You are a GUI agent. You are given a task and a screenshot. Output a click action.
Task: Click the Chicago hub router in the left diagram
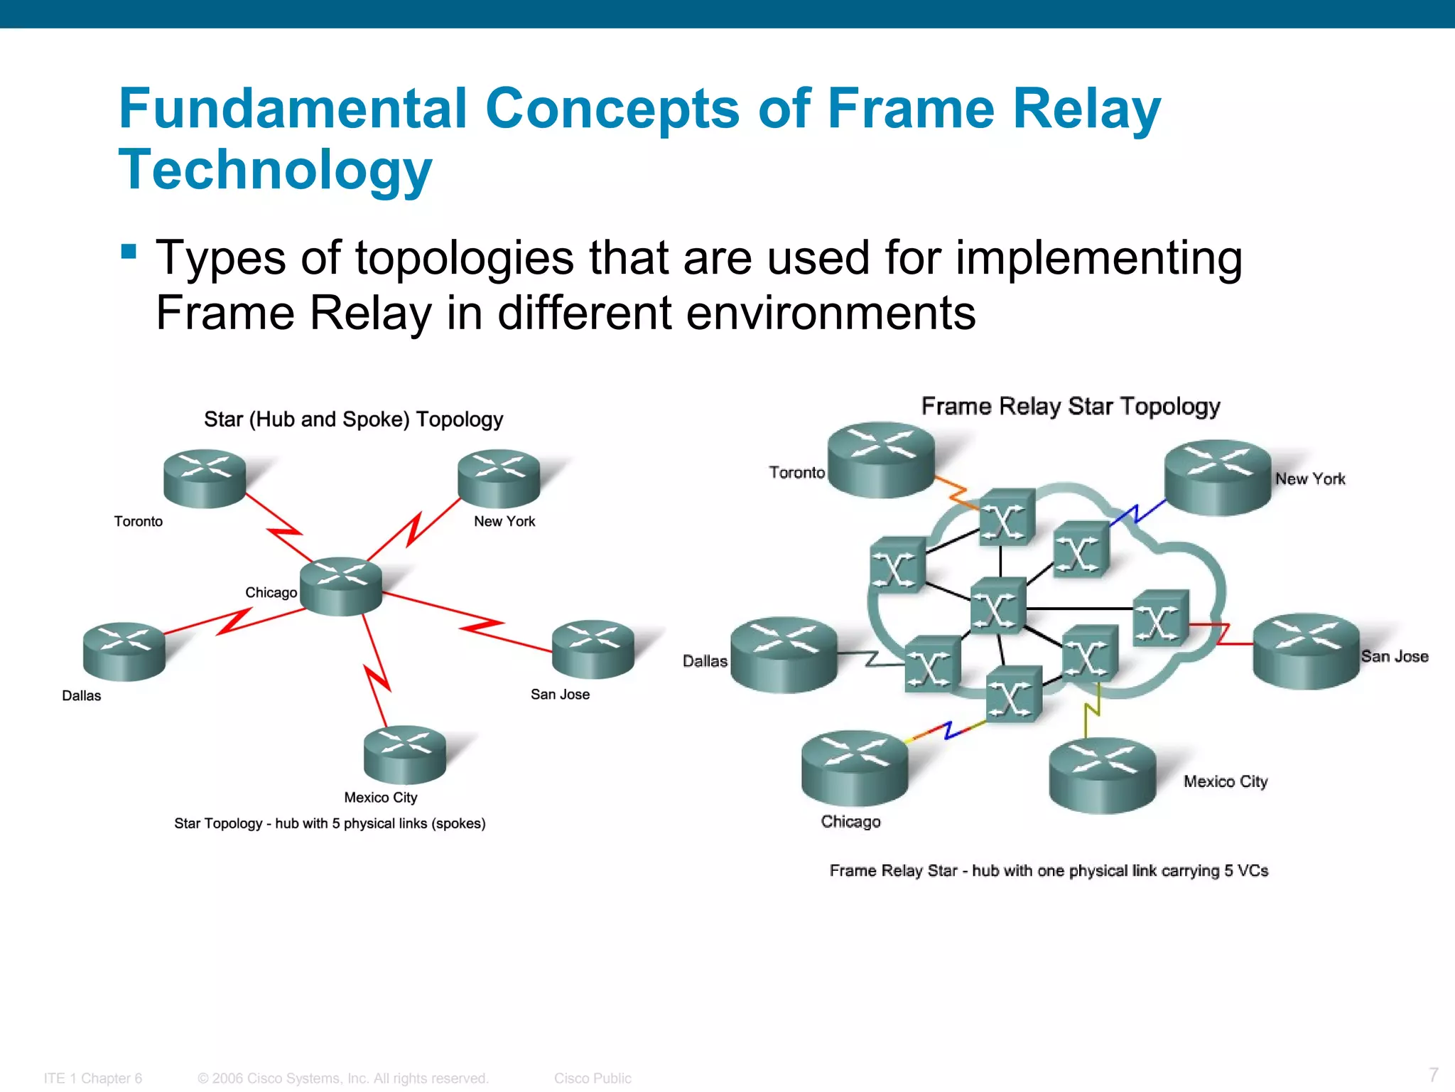click(x=341, y=586)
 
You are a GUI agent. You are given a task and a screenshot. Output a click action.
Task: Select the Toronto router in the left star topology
click(x=205, y=478)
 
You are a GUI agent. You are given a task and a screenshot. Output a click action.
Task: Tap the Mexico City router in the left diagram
click(x=404, y=754)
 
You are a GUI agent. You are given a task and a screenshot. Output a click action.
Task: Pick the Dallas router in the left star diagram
click(x=124, y=652)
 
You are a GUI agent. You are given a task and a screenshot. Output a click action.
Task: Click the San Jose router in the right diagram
click(x=1306, y=651)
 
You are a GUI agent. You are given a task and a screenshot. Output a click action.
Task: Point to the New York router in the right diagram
click(x=1217, y=478)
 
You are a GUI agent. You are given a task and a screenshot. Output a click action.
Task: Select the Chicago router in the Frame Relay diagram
click(x=855, y=769)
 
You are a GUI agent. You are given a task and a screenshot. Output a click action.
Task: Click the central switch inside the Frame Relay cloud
click(x=997, y=606)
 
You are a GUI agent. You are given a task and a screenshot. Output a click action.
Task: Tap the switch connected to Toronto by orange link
click(x=1006, y=518)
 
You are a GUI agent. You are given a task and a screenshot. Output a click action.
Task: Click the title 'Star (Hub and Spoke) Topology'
click(x=353, y=419)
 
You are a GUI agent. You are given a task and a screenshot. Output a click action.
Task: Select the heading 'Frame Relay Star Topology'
click(x=1070, y=406)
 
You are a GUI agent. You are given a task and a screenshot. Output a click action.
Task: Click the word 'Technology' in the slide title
click(x=275, y=170)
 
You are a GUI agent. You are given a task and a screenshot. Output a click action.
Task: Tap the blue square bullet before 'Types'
click(x=129, y=252)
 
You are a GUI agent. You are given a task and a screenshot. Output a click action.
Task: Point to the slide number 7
click(x=1433, y=1074)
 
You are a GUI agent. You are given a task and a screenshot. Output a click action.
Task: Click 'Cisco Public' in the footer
click(x=593, y=1078)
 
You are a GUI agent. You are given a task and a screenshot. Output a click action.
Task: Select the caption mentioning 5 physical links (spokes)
click(x=330, y=823)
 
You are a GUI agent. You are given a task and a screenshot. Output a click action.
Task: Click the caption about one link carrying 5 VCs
click(x=1049, y=871)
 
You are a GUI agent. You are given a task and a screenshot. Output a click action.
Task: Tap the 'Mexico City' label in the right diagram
click(x=1225, y=781)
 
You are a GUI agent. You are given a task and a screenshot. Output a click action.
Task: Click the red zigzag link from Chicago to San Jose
click(x=480, y=626)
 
